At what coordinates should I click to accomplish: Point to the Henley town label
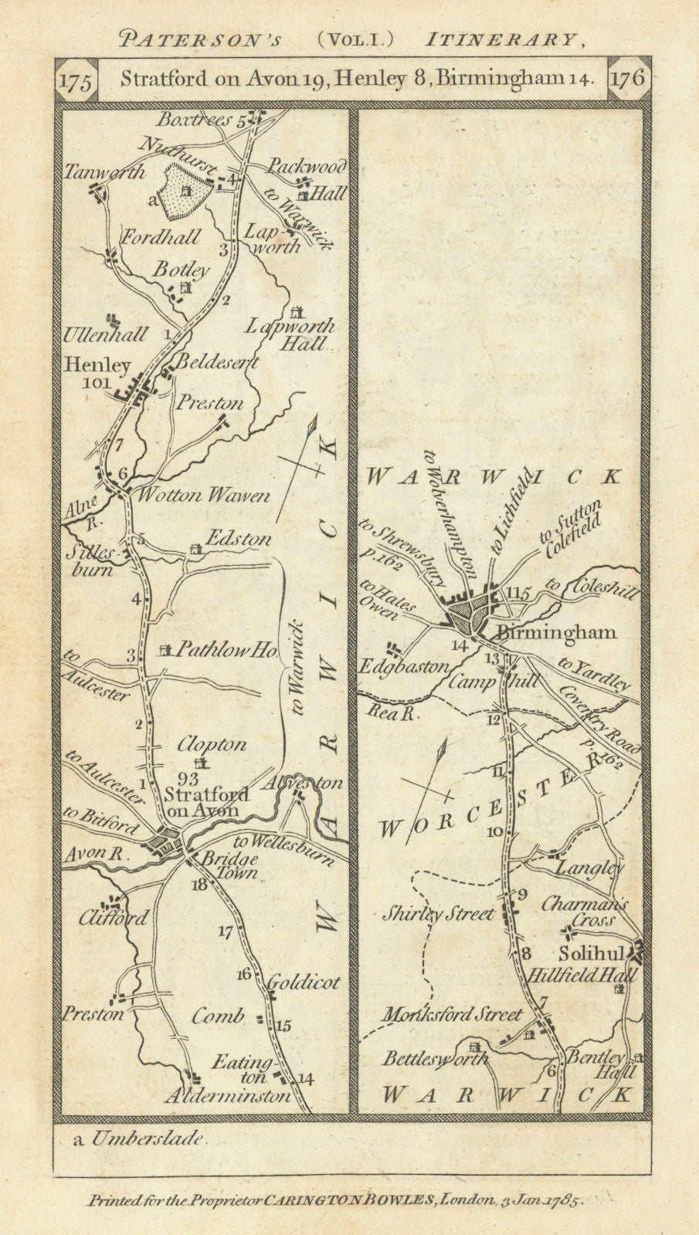point(97,365)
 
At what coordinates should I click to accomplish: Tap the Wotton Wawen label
point(203,495)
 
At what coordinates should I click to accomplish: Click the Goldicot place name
point(304,983)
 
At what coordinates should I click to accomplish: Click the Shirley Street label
point(439,914)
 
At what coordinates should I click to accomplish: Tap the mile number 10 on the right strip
point(494,831)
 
